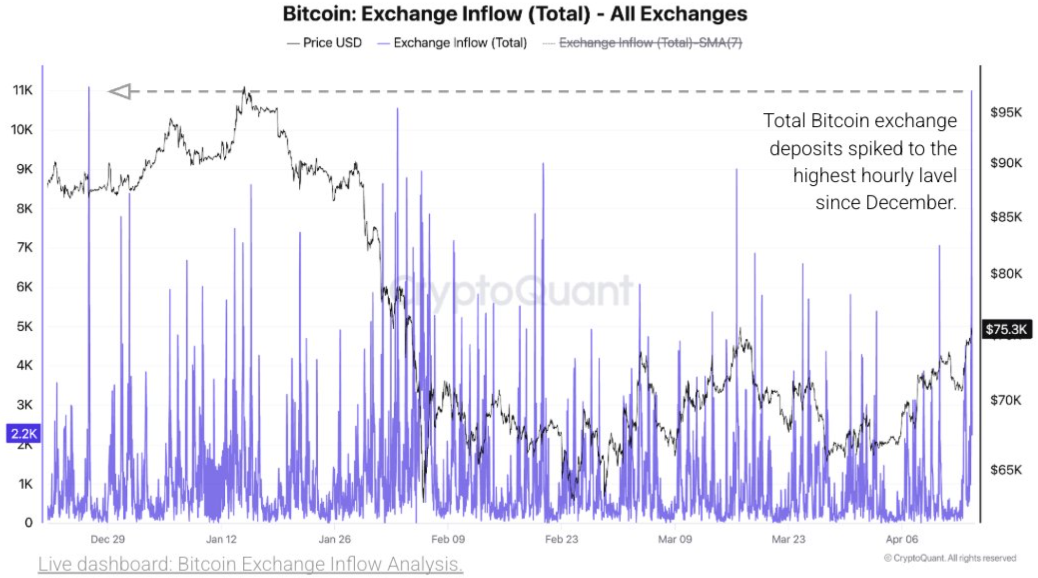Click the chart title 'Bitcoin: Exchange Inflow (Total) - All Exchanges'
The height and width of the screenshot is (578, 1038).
coord(515,14)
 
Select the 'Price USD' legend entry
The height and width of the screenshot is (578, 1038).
coord(332,43)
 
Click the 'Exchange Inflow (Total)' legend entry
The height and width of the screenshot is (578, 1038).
coord(460,43)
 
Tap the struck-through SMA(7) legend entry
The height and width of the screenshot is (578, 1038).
coord(650,43)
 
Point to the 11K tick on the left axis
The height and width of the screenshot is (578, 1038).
coord(23,90)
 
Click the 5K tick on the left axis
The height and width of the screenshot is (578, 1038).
coord(24,326)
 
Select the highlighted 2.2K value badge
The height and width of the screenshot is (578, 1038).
coord(23,434)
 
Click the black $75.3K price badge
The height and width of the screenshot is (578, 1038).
coord(1006,329)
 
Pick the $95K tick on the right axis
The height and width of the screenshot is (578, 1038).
coord(1006,112)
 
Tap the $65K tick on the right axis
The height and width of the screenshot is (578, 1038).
coord(1006,470)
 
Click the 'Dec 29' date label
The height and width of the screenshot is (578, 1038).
coord(108,539)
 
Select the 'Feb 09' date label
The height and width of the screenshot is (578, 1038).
coord(448,539)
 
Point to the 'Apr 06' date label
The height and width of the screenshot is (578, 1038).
coord(902,539)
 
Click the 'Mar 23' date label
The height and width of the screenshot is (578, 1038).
coord(789,539)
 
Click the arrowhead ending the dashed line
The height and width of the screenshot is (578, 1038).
coord(121,91)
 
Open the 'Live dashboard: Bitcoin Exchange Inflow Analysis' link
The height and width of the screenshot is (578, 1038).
coord(251,564)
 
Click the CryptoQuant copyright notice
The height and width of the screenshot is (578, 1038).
coord(950,558)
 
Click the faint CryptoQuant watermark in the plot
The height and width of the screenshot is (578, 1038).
coord(511,291)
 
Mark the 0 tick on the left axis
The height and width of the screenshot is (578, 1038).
coord(28,523)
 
